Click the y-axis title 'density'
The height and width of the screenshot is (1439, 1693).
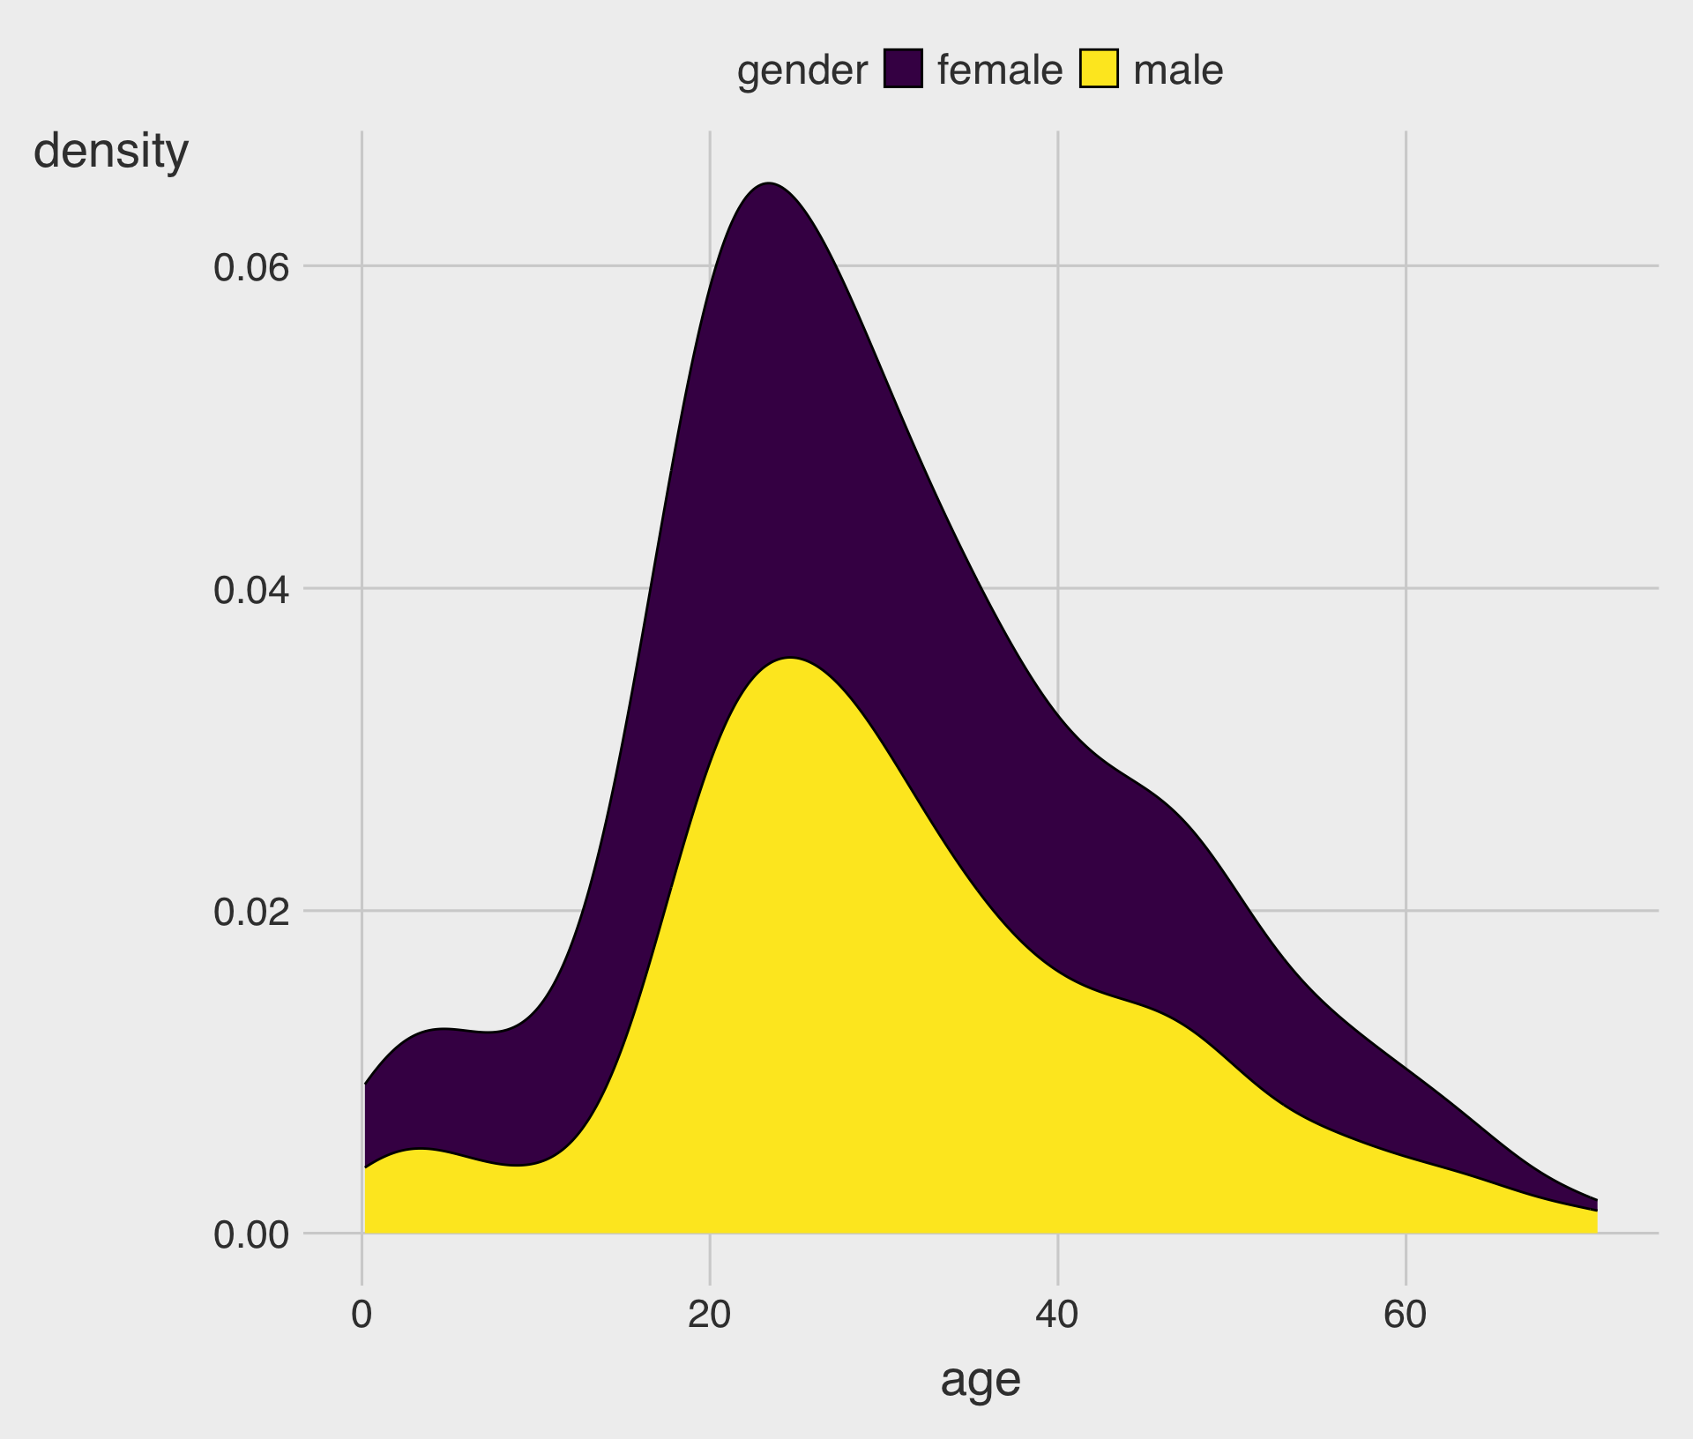click(x=111, y=152)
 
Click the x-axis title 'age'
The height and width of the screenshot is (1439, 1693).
click(x=980, y=1381)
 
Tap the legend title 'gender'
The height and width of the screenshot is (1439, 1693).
click(x=802, y=71)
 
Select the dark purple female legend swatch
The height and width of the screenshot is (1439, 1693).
click(x=903, y=69)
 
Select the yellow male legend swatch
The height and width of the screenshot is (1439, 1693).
click(x=1099, y=69)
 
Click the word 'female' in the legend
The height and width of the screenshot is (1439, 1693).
click(x=1000, y=71)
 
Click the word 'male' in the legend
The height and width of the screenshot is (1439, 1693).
click(x=1178, y=71)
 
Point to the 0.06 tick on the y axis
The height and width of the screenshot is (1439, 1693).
click(x=251, y=267)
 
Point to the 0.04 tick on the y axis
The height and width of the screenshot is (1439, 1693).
click(x=251, y=590)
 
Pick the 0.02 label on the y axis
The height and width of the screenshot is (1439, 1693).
click(x=251, y=913)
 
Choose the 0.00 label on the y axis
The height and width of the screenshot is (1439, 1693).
click(x=251, y=1235)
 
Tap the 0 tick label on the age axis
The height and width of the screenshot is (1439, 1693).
click(x=362, y=1316)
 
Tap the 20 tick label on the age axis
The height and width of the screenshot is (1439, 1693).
click(x=710, y=1316)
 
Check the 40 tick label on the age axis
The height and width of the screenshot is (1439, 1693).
click(x=1057, y=1316)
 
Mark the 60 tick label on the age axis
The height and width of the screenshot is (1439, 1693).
click(x=1405, y=1316)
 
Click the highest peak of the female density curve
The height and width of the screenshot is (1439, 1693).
click(x=769, y=183)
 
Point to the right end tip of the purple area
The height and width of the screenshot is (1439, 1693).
click(x=1596, y=1201)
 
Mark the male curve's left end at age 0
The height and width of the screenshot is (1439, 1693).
click(x=365, y=1167)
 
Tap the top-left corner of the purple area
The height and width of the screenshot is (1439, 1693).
click(x=365, y=1083)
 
